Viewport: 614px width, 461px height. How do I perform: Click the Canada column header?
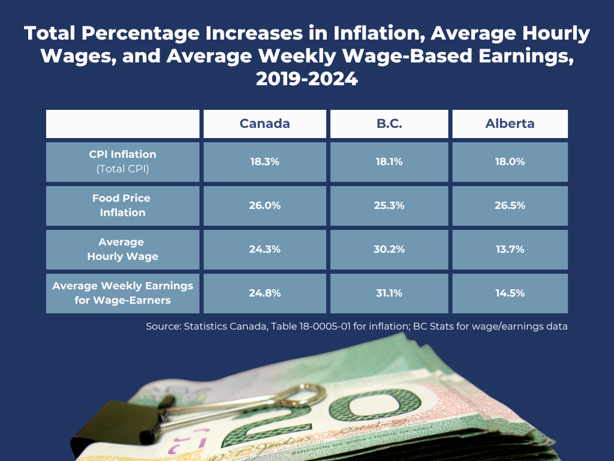point(264,124)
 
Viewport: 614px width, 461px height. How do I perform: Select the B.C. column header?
point(389,124)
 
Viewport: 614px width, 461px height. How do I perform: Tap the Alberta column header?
point(510,124)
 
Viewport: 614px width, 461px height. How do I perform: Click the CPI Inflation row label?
point(123,161)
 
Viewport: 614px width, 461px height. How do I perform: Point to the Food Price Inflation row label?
point(123,205)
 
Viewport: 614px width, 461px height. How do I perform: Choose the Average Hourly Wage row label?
point(123,249)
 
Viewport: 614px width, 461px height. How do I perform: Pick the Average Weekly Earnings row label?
point(123,293)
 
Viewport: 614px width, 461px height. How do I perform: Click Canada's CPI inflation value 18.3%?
point(264,161)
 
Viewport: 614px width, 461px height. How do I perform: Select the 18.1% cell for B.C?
point(389,161)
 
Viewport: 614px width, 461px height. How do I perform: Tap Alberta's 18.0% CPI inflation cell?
point(510,161)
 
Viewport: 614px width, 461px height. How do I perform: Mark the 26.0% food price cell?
point(264,205)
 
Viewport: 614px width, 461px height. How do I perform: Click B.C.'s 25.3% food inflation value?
point(389,205)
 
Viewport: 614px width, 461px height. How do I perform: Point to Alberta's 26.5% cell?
point(510,205)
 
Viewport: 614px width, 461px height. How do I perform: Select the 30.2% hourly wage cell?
point(389,249)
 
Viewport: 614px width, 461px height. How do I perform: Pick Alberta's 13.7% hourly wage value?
point(510,249)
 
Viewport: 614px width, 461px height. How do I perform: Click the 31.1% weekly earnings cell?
point(389,293)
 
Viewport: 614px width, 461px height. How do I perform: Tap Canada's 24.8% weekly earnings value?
point(264,293)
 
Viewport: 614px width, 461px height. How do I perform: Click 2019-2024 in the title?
point(306,79)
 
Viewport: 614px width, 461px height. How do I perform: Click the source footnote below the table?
point(357,327)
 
